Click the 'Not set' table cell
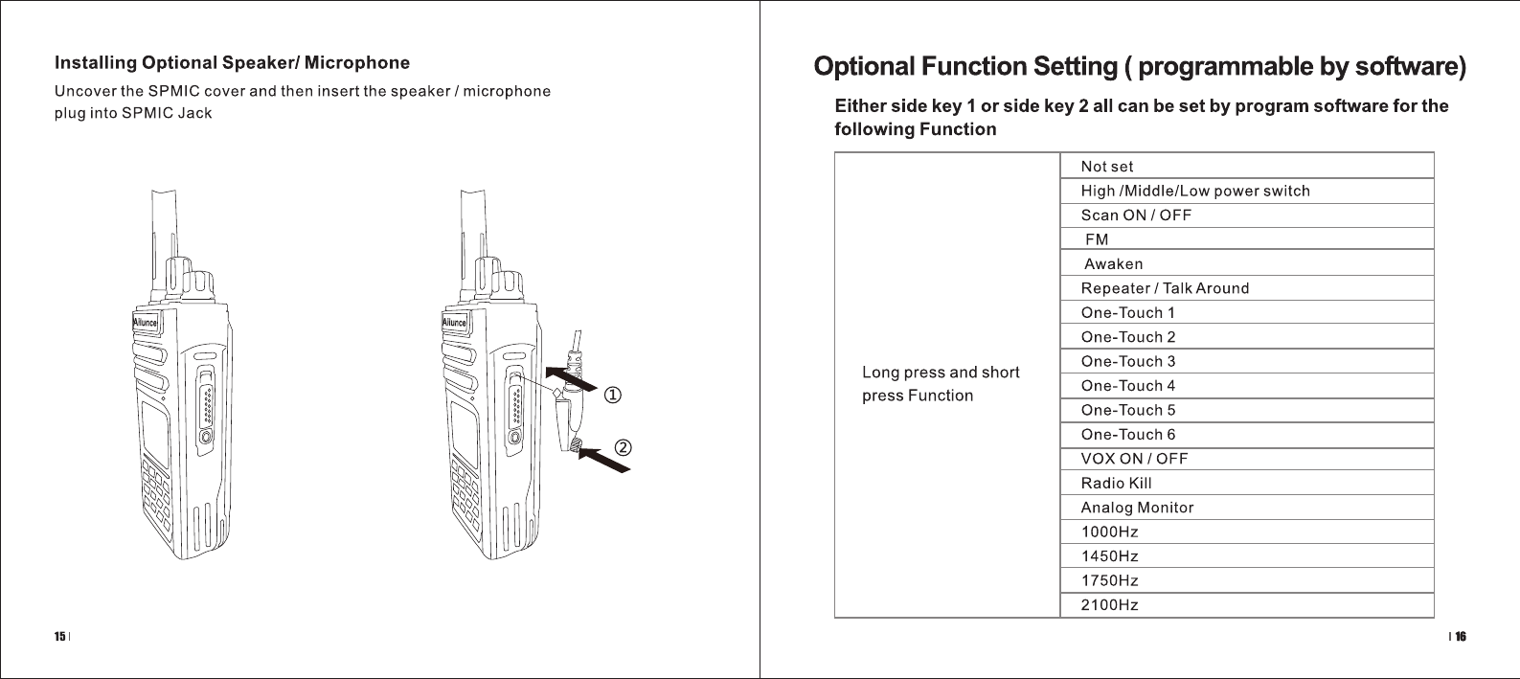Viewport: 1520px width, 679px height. point(1107,167)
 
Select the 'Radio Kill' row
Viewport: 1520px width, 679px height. point(1117,483)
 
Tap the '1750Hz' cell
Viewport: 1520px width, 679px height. point(1110,580)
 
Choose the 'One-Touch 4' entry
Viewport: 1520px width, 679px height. point(1128,386)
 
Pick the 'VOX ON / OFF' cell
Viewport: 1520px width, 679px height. point(1134,459)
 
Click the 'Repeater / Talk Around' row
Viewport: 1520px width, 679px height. point(1165,288)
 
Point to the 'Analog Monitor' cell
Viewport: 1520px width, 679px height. point(1138,508)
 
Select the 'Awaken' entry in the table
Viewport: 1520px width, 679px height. point(1113,264)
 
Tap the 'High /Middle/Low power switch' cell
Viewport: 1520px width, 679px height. point(1195,191)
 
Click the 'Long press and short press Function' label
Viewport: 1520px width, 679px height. point(941,384)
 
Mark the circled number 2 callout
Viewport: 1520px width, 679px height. point(622,447)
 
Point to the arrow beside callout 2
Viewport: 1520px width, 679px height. point(605,459)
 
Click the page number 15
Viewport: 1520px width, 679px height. point(59,636)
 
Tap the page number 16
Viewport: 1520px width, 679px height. point(1461,636)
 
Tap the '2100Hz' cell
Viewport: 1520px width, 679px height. point(1110,605)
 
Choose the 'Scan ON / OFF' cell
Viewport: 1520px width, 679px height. point(1136,215)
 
